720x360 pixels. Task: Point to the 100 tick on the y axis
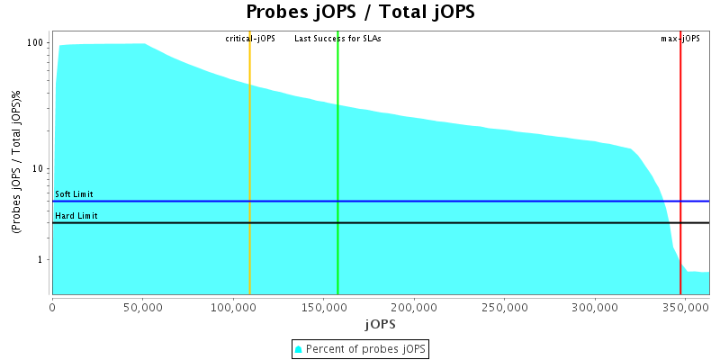click(x=36, y=43)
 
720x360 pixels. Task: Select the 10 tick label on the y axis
click(x=39, y=169)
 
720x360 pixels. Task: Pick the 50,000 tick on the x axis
click(x=143, y=306)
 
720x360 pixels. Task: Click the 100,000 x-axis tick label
click(x=232, y=306)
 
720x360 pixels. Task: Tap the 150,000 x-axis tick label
click(x=323, y=306)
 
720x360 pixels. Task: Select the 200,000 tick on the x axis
click(x=413, y=306)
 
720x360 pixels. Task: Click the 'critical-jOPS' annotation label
click(x=250, y=39)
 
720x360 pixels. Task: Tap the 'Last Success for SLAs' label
click(x=337, y=39)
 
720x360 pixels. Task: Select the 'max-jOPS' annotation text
click(x=680, y=39)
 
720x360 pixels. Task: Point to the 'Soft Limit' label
click(x=74, y=194)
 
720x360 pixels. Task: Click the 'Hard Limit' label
click(x=76, y=216)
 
